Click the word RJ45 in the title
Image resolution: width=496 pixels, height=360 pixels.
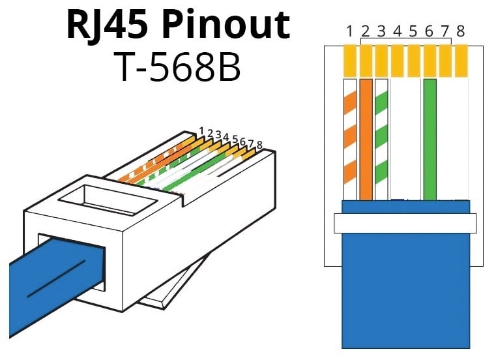tap(104, 25)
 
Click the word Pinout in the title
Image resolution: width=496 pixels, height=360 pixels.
tap(224, 25)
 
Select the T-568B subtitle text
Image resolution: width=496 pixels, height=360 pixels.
tap(177, 66)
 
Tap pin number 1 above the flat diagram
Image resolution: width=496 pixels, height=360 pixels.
tap(349, 31)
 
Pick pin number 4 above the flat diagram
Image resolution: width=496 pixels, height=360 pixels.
tap(398, 31)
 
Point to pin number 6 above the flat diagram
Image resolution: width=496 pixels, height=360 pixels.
tap(430, 31)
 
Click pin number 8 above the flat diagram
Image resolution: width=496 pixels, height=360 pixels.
tap(461, 31)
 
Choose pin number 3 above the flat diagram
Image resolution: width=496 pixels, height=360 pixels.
tap(382, 31)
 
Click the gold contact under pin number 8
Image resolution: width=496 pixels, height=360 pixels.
tap(461, 59)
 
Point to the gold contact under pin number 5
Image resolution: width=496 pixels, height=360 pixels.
tap(414, 59)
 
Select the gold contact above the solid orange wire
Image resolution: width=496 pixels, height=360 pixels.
tap(366, 59)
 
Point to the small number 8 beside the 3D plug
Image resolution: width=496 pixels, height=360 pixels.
tap(259, 145)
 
